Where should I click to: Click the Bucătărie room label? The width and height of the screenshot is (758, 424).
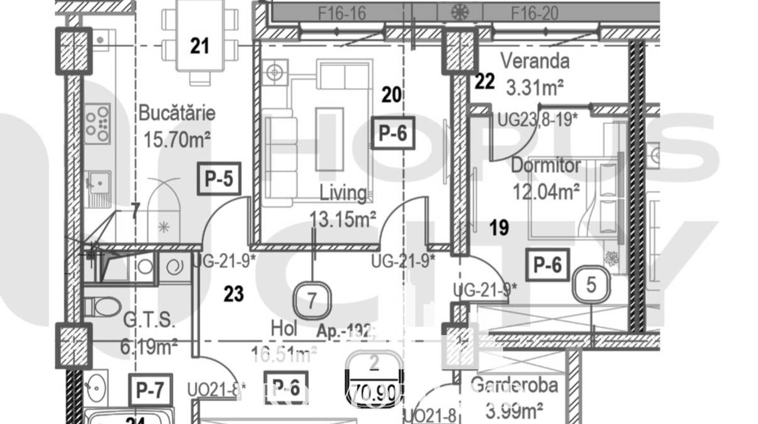click(177, 113)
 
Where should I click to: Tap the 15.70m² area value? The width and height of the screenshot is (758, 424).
click(177, 140)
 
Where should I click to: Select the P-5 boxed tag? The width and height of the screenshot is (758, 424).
click(219, 179)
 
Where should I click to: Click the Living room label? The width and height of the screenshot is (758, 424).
click(343, 193)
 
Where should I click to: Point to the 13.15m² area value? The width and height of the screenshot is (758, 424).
click(343, 219)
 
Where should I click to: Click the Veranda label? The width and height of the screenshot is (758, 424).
click(535, 61)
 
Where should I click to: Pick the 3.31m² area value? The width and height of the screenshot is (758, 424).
click(535, 87)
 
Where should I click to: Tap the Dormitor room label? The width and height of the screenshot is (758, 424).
click(546, 165)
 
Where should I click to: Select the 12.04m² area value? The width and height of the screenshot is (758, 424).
click(546, 192)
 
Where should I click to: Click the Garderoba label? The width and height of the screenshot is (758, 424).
click(514, 386)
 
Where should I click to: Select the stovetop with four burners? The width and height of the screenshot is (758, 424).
click(98, 123)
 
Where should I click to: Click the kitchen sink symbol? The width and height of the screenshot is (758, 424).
click(99, 182)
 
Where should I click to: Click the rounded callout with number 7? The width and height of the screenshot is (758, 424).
click(312, 300)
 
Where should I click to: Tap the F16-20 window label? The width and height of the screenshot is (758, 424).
click(535, 13)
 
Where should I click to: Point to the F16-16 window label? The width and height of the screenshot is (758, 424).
click(342, 13)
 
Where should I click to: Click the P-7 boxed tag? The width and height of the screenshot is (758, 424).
click(150, 390)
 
